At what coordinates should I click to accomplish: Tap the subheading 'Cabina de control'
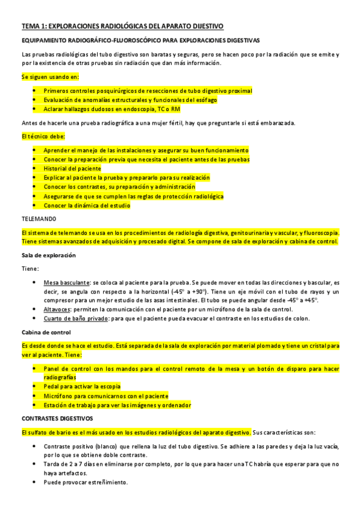pos(46,332)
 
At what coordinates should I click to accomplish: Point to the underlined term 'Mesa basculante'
pos(66,282)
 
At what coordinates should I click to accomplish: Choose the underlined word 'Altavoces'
pos(58,309)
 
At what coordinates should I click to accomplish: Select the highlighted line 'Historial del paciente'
pos(72,169)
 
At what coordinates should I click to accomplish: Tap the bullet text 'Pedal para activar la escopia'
pos(82,386)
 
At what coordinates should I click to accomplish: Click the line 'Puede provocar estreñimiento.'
pos(86,483)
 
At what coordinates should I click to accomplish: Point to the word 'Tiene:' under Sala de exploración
pos(30,269)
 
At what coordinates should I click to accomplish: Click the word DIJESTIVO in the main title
pos(203,26)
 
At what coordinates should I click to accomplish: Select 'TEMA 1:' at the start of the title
pos(33,26)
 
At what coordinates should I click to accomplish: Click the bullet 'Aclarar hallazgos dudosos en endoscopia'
pos(111,109)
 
